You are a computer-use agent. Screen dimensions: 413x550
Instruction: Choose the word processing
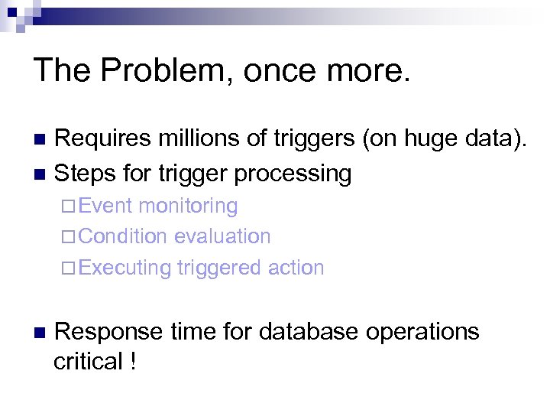293,174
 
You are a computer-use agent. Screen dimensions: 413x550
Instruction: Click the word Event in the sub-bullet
105,206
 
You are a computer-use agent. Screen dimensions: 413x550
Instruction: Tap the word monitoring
189,206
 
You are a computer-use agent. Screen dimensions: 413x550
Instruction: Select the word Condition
123,236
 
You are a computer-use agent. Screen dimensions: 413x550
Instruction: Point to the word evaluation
222,236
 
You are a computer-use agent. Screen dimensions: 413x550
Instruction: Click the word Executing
125,268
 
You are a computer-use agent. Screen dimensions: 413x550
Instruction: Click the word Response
109,332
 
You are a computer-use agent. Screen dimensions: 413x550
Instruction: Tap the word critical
88,362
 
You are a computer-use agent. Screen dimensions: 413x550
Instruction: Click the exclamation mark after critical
134,362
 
